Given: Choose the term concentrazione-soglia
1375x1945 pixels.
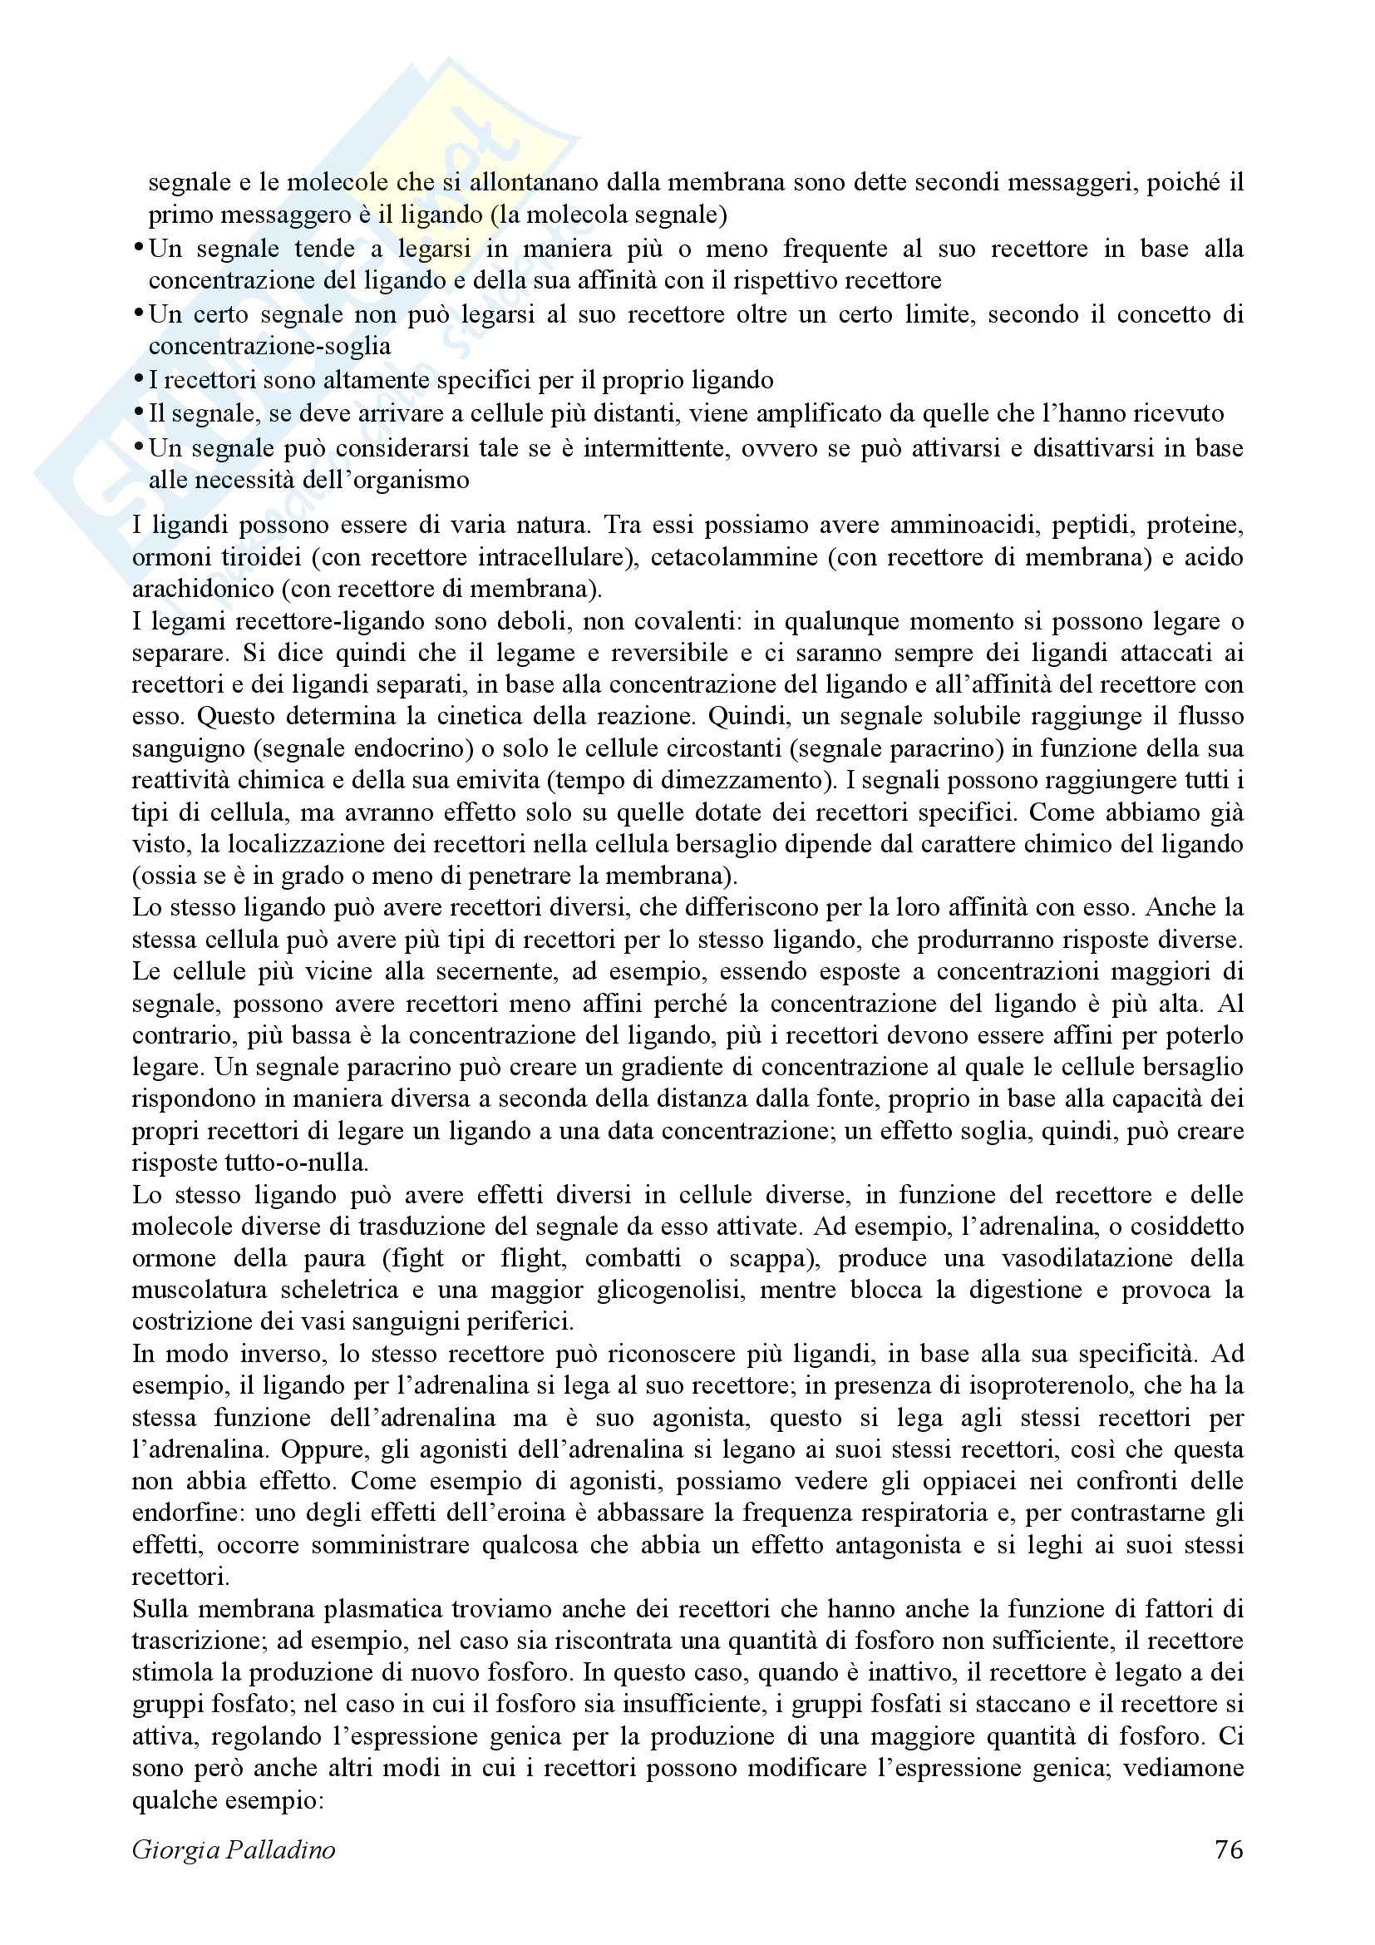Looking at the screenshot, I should [269, 347].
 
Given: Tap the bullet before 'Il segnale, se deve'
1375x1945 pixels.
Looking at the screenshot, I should [139, 413].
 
